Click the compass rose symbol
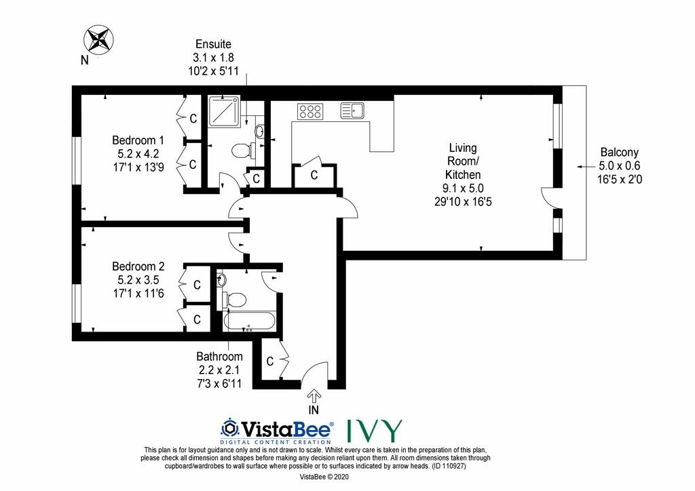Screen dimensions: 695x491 click(x=99, y=39)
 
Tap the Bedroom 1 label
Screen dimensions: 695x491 click(x=138, y=140)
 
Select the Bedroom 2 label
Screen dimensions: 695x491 click(x=138, y=266)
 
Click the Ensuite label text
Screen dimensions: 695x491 click(x=213, y=44)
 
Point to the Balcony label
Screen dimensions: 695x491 click(x=619, y=153)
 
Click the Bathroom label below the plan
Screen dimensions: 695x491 click(x=219, y=357)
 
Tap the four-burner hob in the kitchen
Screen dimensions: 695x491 click(x=310, y=111)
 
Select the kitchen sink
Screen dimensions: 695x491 click(x=352, y=111)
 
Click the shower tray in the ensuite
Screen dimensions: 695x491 click(x=224, y=112)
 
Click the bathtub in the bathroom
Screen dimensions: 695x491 click(x=250, y=321)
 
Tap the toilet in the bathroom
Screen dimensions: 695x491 click(x=234, y=300)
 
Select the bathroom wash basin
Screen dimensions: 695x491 click(x=222, y=279)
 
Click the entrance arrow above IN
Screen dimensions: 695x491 click(x=314, y=395)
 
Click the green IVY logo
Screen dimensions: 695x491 click(x=374, y=431)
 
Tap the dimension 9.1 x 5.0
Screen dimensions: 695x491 click(x=463, y=188)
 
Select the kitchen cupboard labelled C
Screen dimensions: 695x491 click(x=314, y=176)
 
